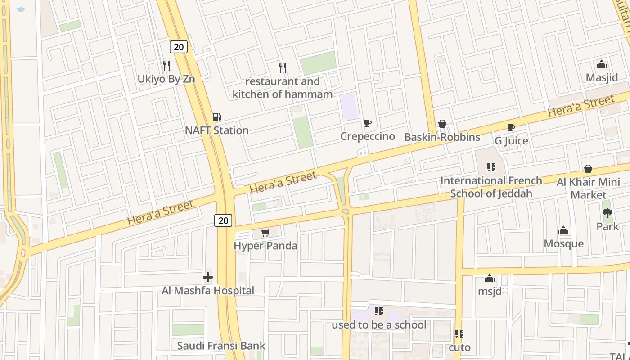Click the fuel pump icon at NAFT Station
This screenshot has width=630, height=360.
216,117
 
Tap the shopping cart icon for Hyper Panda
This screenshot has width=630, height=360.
265,233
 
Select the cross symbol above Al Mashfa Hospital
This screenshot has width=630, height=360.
208,277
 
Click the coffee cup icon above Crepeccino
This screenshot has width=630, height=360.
368,123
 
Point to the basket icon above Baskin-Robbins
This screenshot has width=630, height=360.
442,124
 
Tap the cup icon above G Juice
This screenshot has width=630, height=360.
511,127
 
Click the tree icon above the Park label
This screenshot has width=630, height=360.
607,213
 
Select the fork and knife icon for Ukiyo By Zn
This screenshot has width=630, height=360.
166,66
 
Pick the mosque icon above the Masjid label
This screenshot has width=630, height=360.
602,64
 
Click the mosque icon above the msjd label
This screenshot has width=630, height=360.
490,278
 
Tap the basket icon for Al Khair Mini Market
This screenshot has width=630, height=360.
588,169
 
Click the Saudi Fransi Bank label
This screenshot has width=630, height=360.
221,346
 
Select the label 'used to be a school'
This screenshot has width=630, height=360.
379,324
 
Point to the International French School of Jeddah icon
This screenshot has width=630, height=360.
491,167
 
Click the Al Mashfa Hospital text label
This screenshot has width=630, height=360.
208,291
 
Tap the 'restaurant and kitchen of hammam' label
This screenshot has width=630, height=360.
283,88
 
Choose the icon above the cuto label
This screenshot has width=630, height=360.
459,334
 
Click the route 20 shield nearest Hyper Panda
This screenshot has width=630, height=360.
223,220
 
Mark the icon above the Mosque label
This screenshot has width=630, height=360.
563,231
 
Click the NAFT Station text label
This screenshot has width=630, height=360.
217,130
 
